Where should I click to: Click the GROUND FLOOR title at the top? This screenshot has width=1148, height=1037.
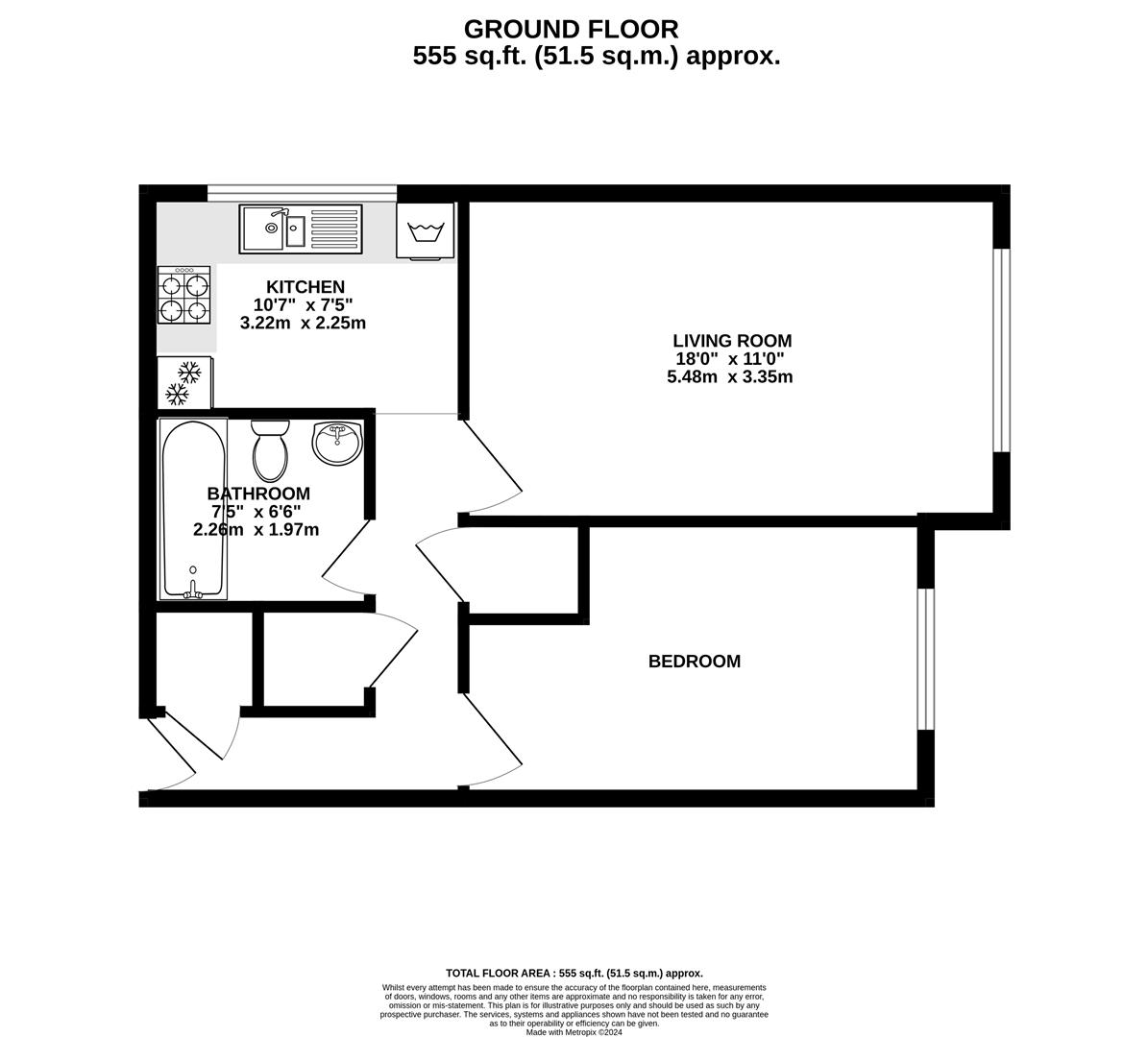pyautogui.click(x=571, y=29)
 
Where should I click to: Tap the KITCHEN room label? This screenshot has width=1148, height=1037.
pyautogui.click(x=305, y=287)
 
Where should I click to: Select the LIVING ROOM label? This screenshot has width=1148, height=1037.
pyautogui.click(x=732, y=341)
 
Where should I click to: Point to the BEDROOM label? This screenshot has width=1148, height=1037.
pyautogui.click(x=694, y=662)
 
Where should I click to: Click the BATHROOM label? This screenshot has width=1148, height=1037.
pyautogui.click(x=258, y=494)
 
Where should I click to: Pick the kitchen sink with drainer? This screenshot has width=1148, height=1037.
pyautogui.click(x=301, y=229)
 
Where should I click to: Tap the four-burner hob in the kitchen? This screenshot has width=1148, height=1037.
pyautogui.click(x=184, y=297)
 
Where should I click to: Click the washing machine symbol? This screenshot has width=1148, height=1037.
pyautogui.click(x=425, y=231)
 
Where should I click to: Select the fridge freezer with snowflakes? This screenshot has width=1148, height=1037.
pyautogui.click(x=184, y=382)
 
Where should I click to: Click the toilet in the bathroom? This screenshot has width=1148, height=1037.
pyautogui.click(x=270, y=450)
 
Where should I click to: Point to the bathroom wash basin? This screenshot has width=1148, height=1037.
pyautogui.click(x=337, y=443)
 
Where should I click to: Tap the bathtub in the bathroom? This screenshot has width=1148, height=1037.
pyautogui.click(x=193, y=509)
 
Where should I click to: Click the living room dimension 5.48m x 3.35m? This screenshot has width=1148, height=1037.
pyautogui.click(x=729, y=377)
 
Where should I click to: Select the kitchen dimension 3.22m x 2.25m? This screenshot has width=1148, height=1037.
pyautogui.click(x=303, y=324)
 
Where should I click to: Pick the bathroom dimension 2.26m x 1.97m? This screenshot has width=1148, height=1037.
pyautogui.click(x=256, y=529)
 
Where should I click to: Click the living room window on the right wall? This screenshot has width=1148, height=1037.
pyautogui.click(x=1002, y=350)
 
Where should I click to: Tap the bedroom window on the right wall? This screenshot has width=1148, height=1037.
pyautogui.click(x=925, y=660)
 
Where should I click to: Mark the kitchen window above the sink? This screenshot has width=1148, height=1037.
pyautogui.click(x=302, y=192)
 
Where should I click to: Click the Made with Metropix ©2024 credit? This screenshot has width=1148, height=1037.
pyautogui.click(x=574, y=1033)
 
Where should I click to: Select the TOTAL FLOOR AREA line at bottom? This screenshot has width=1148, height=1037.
pyautogui.click(x=574, y=973)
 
